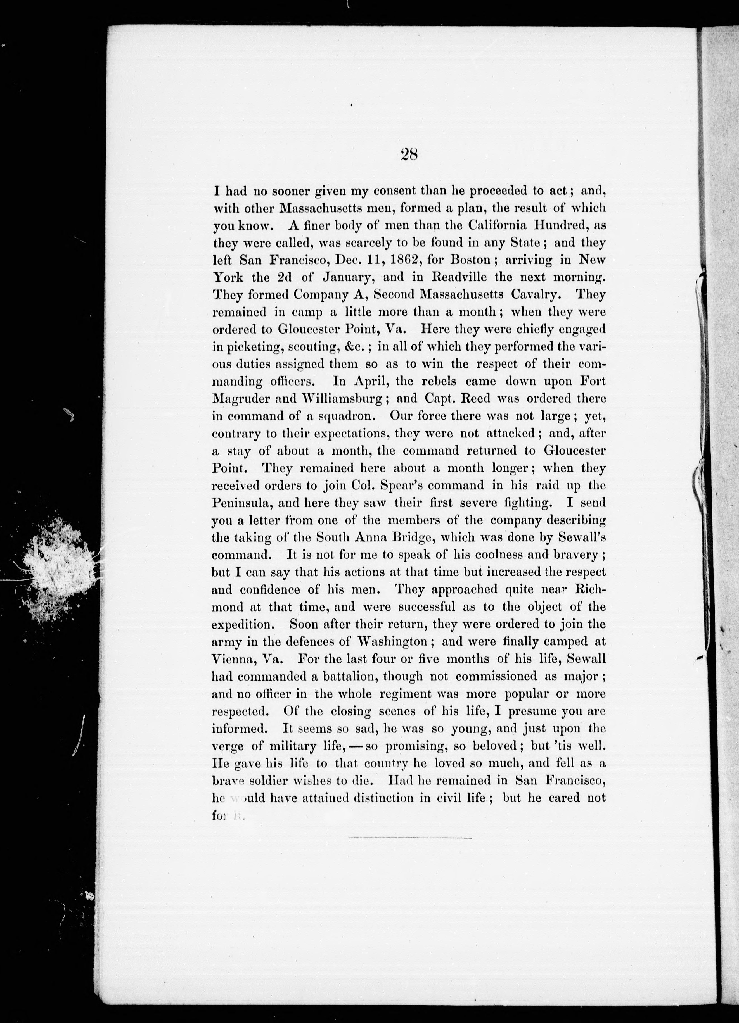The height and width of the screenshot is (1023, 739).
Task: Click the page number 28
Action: tap(409, 155)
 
